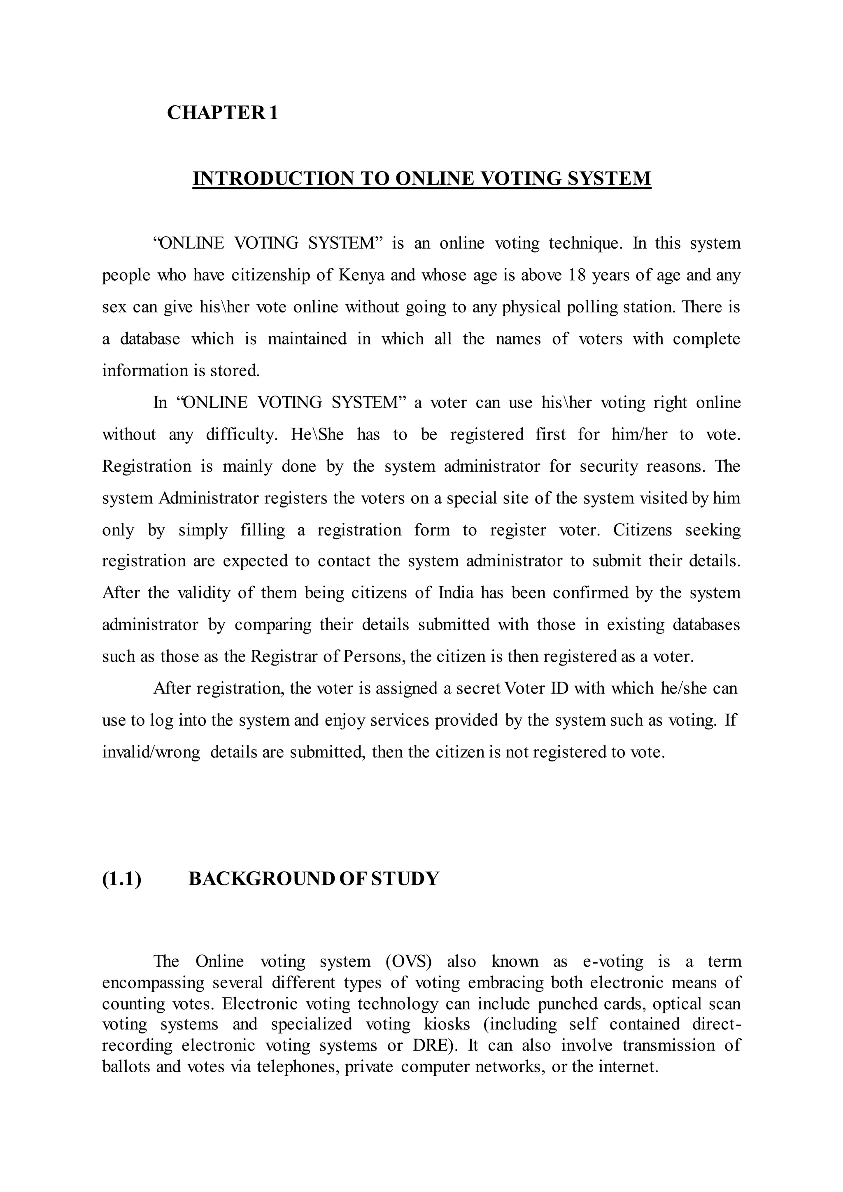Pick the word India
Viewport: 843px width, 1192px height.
tap(456, 592)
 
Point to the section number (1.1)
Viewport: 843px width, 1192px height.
tap(121, 879)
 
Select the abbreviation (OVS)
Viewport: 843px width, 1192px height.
tap(408, 962)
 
